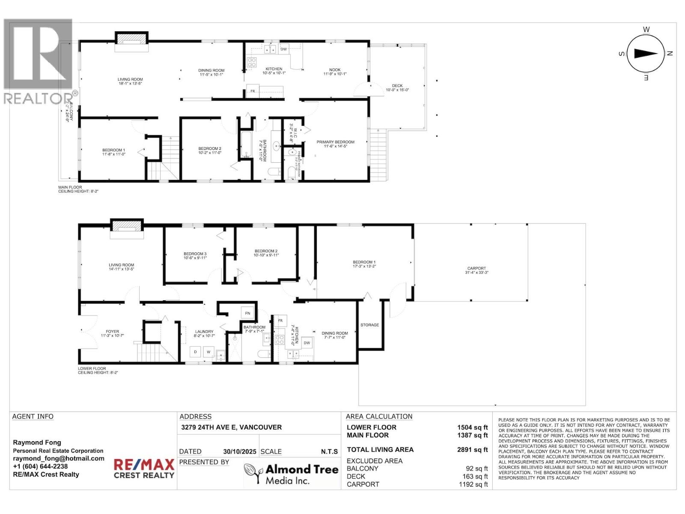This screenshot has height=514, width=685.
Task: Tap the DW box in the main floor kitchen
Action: point(283,49)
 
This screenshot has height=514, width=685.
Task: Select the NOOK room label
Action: point(335,70)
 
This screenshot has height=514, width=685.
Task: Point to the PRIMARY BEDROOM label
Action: point(335,142)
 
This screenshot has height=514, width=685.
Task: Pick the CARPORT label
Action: point(477,269)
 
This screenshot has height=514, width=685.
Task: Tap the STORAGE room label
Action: point(369,325)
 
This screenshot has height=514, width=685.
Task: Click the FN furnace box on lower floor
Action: point(247,314)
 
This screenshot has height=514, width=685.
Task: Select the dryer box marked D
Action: point(196,352)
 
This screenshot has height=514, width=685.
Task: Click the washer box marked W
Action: point(209,352)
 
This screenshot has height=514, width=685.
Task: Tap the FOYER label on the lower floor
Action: point(113,332)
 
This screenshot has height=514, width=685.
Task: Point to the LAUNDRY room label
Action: point(204,332)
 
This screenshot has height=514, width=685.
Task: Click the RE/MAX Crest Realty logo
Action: point(144,468)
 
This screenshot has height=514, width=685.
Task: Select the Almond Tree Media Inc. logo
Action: point(291,474)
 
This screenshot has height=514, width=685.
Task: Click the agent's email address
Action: point(59,458)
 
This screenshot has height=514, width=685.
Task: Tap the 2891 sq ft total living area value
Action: point(472,450)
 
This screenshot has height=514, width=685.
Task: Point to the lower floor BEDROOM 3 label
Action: point(195,254)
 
